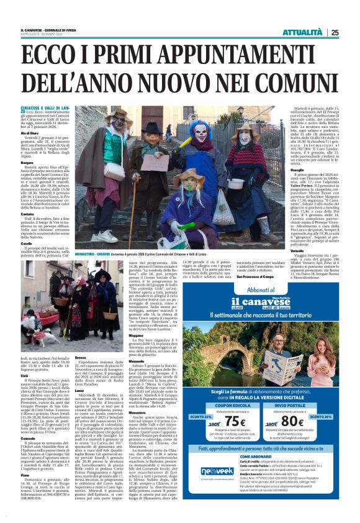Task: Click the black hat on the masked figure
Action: point(153,128)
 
